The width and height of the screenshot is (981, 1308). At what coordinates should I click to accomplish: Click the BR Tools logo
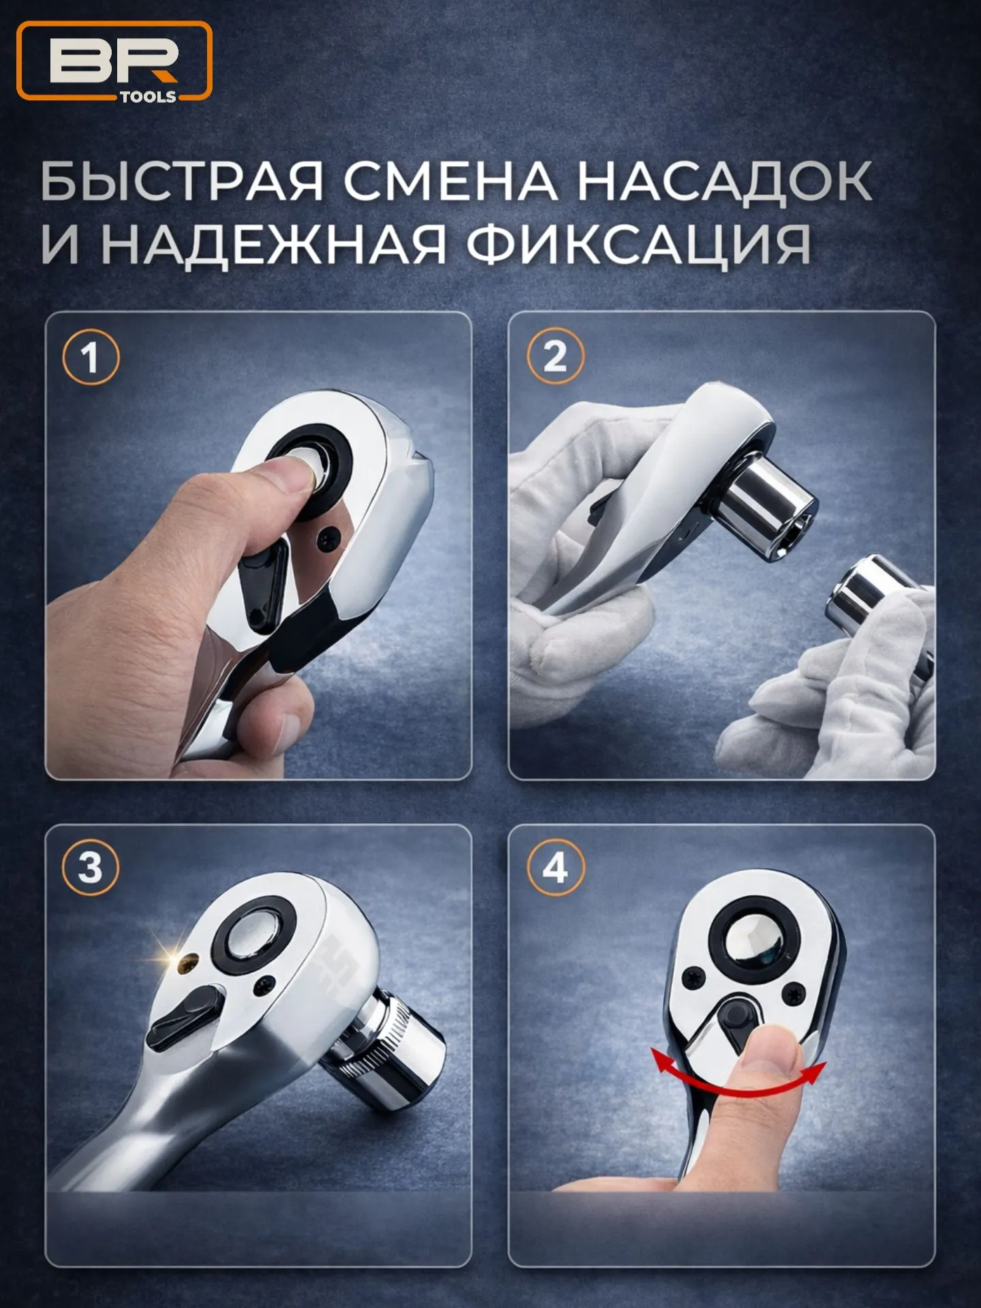click(114, 61)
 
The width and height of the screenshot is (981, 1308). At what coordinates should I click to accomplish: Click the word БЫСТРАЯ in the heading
click(181, 181)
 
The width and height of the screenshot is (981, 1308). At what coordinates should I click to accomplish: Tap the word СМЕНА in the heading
click(450, 181)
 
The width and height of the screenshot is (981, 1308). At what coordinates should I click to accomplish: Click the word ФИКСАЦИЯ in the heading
click(639, 244)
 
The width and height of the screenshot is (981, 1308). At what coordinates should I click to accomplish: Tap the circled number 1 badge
click(91, 357)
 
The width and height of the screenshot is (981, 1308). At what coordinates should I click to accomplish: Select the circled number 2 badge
click(556, 356)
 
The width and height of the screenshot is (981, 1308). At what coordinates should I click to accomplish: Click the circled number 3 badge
click(91, 868)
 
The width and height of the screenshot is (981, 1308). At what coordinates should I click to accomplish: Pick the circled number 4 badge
click(556, 867)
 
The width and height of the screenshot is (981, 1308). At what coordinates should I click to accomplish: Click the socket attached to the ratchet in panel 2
click(766, 508)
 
